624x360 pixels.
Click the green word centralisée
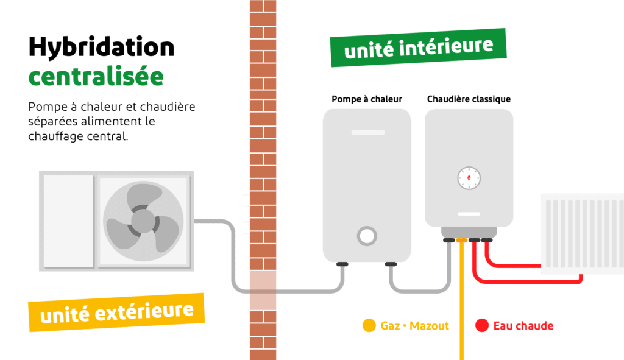click(96, 76)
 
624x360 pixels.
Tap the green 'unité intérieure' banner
click(418, 47)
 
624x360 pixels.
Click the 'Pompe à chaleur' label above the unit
click(367, 99)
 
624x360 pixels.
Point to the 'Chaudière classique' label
click(469, 99)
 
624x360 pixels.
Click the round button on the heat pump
click(366, 236)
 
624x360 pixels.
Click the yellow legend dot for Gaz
click(369, 326)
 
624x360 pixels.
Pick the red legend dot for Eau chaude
click(482, 326)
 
